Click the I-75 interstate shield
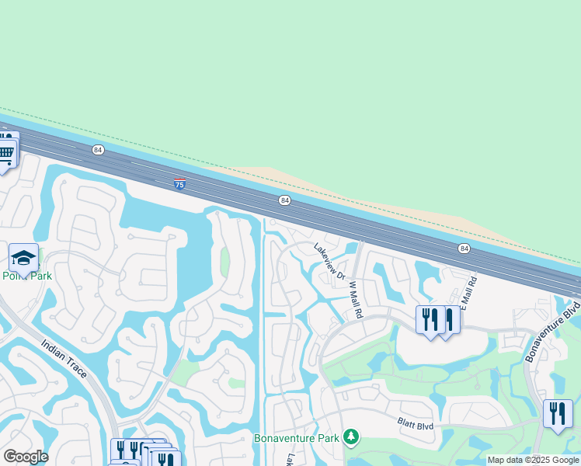point(179,184)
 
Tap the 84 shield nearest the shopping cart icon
point(98,149)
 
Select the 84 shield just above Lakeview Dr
point(285,200)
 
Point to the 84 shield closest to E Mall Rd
point(464,248)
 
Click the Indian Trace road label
point(65,363)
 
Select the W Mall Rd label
point(356,300)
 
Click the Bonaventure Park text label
point(297,438)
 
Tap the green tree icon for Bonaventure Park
point(352,437)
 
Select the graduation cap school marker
point(24,258)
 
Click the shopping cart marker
point(6,153)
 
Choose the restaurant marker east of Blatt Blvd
point(558,413)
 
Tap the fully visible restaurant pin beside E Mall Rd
point(430,319)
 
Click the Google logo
point(26,457)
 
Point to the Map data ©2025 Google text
point(534,461)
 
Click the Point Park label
point(26,276)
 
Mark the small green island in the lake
point(225,263)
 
